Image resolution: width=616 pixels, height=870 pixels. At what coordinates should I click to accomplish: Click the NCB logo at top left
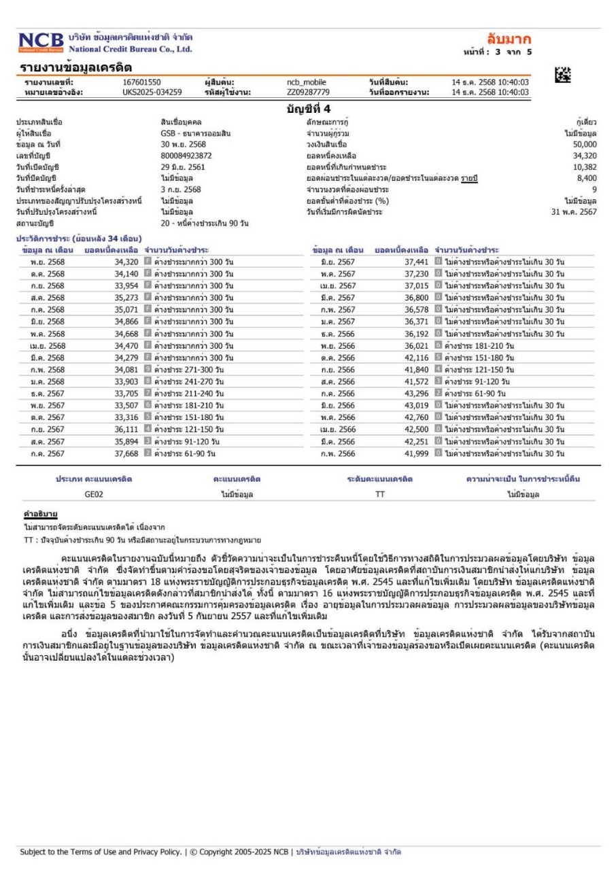tap(41, 41)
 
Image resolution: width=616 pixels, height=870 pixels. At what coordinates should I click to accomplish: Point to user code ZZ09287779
tap(308, 92)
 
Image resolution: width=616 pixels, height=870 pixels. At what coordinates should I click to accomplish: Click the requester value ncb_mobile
tap(307, 82)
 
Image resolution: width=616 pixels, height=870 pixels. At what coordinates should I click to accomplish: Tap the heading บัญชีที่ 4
tap(308, 108)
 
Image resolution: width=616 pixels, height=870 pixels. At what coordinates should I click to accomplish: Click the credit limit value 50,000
tap(584, 145)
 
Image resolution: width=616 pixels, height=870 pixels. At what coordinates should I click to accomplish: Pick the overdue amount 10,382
tap(584, 167)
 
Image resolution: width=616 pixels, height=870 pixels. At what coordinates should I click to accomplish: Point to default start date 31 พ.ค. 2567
tap(573, 211)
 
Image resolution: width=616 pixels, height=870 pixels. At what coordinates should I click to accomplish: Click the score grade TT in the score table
tap(379, 495)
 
